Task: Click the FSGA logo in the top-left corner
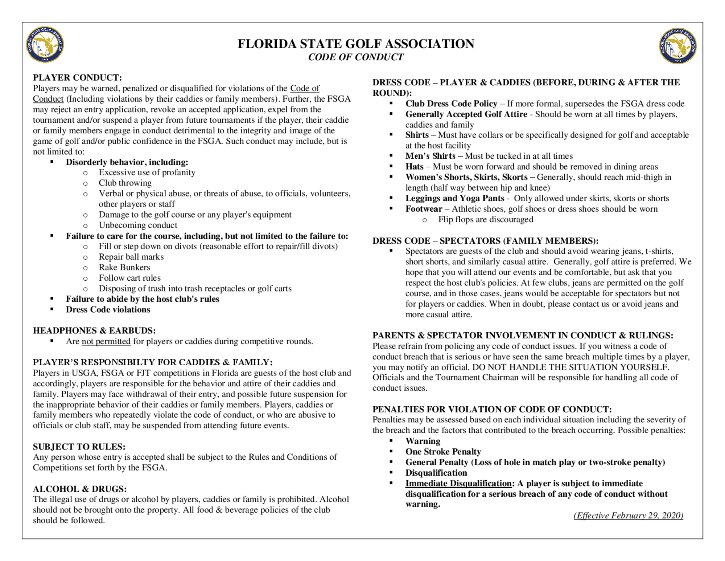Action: click(x=45, y=45)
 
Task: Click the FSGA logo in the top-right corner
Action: click(x=677, y=46)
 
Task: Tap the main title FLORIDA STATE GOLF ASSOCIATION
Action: click(x=356, y=44)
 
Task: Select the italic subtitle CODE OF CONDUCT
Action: click(x=356, y=57)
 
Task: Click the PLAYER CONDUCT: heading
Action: click(x=77, y=78)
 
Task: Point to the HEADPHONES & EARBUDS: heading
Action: click(x=94, y=331)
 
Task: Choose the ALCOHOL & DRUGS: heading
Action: click(x=80, y=489)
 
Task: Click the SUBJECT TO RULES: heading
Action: click(x=79, y=447)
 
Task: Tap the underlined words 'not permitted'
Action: click(x=106, y=341)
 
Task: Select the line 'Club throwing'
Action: click(x=125, y=183)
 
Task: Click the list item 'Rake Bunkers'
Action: click(x=124, y=268)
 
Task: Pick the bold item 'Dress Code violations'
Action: click(x=108, y=310)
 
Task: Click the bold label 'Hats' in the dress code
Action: click(x=414, y=167)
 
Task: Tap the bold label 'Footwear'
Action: click(x=424, y=209)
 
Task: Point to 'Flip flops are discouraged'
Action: click(x=486, y=219)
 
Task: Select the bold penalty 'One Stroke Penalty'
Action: click(x=443, y=452)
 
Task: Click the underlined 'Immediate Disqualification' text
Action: click(x=458, y=483)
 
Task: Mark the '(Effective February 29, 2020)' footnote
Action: click(x=628, y=516)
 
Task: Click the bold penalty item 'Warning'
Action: click(x=423, y=441)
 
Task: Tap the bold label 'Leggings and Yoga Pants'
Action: click(x=455, y=198)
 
